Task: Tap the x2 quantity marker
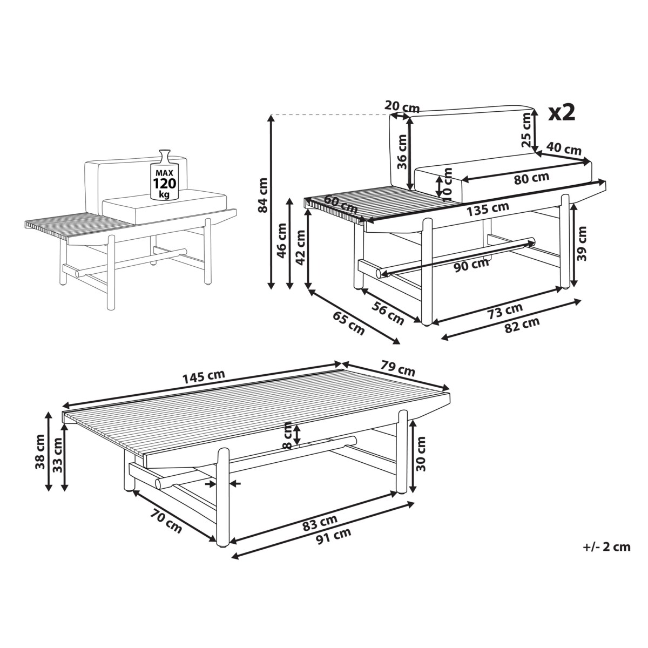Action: pyautogui.click(x=562, y=113)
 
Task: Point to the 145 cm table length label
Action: pyautogui.click(x=204, y=377)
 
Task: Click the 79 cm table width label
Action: pyautogui.click(x=398, y=368)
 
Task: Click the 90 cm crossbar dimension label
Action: pyautogui.click(x=471, y=266)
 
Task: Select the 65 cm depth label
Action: pyautogui.click(x=349, y=323)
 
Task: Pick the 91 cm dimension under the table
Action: pyautogui.click(x=334, y=542)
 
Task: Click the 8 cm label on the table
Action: pyautogui.click(x=288, y=435)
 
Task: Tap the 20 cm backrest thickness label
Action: pyautogui.click(x=402, y=106)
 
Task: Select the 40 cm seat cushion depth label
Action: pyautogui.click(x=564, y=148)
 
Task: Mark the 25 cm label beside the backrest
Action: pyautogui.click(x=527, y=130)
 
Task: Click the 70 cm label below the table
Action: pyautogui.click(x=166, y=522)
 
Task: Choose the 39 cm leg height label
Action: pyautogui.click(x=582, y=244)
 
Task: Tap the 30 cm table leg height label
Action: pyautogui.click(x=421, y=454)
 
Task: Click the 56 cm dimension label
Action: pyautogui.click(x=388, y=313)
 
